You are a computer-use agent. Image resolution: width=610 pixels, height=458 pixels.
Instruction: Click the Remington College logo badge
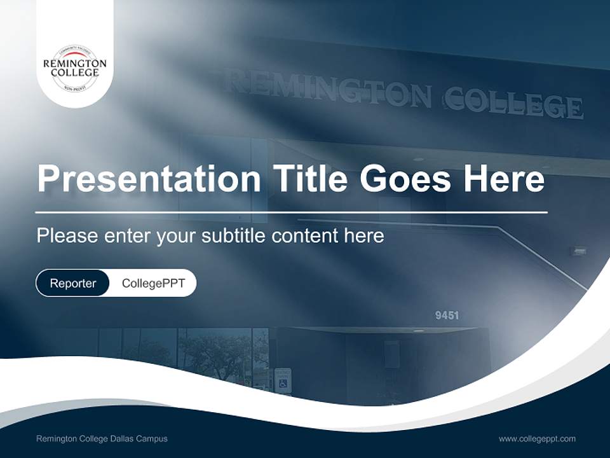point(75,67)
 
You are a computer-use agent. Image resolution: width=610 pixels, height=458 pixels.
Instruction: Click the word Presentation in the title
point(149,179)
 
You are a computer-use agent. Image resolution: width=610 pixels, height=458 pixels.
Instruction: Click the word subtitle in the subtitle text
point(233,236)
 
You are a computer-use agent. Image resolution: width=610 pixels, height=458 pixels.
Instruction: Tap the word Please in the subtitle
point(67,236)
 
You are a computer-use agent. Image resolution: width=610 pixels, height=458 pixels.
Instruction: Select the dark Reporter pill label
point(73,283)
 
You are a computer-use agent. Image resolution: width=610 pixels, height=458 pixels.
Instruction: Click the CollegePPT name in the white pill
point(153,283)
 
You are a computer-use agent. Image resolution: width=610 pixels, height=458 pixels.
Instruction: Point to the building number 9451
point(447,316)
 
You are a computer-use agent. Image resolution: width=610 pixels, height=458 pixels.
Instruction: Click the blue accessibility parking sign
point(283,382)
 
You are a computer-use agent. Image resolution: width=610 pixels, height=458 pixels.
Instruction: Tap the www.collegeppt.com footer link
point(537,438)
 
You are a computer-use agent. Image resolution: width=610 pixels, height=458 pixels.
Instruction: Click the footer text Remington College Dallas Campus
point(102,438)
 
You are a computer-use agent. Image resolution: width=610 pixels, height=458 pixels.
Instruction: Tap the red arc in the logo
point(75,55)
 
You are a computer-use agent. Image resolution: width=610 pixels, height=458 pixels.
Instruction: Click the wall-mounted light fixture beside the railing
point(579,251)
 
